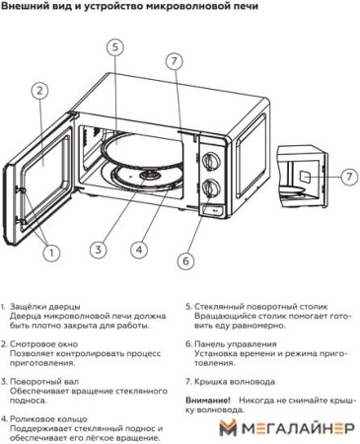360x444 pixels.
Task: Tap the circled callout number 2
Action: point(39,91)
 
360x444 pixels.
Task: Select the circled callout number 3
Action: point(98,250)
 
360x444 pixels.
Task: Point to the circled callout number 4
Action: point(139,250)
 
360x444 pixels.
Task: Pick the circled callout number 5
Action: point(115,47)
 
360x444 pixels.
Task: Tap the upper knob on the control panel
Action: point(212,158)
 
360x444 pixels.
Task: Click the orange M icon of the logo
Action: point(228,429)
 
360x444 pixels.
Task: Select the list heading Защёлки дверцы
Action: point(46,308)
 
